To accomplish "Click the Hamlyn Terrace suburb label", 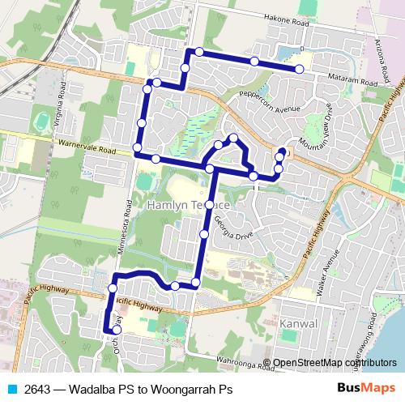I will (190, 207).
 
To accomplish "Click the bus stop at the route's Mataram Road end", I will (300, 70).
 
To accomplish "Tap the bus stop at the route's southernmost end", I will (117, 330).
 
